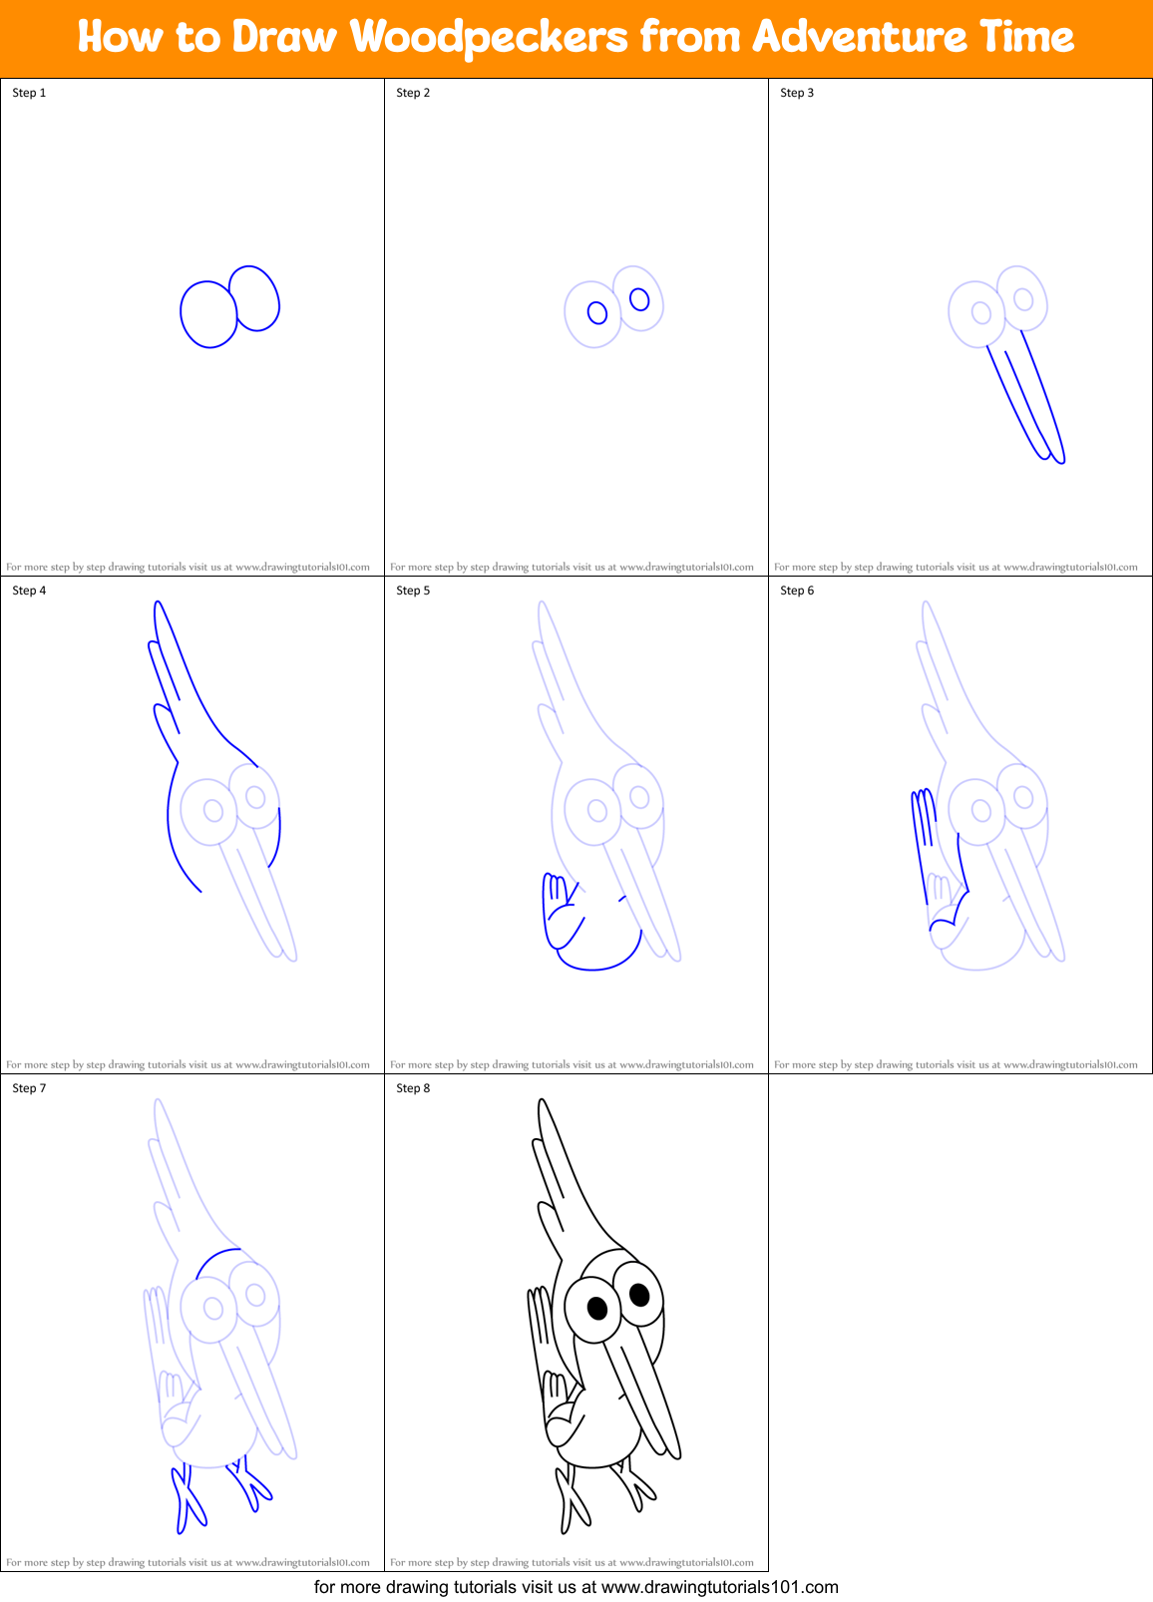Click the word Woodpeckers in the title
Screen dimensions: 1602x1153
[x=489, y=38]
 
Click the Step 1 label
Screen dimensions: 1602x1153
[x=29, y=93]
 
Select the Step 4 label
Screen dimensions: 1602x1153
[x=29, y=591]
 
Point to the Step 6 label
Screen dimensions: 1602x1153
[x=797, y=591]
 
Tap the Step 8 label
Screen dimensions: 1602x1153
[x=413, y=1088]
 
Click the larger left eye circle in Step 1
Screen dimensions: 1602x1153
[x=207, y=313]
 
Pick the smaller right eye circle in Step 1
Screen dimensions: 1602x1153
[x=255, y=297]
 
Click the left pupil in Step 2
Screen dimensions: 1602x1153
[x=597, y=313]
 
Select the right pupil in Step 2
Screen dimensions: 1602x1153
[x=639, y=299]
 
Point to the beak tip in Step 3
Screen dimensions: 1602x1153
[x=1059, y=460]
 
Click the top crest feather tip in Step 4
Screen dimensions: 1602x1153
[x=157, y=604]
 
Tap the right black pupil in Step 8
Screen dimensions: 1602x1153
[x=639, y=1295]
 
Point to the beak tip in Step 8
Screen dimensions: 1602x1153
[x=675, y=1455]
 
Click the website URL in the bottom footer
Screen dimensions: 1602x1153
[x=719, y=1587]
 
